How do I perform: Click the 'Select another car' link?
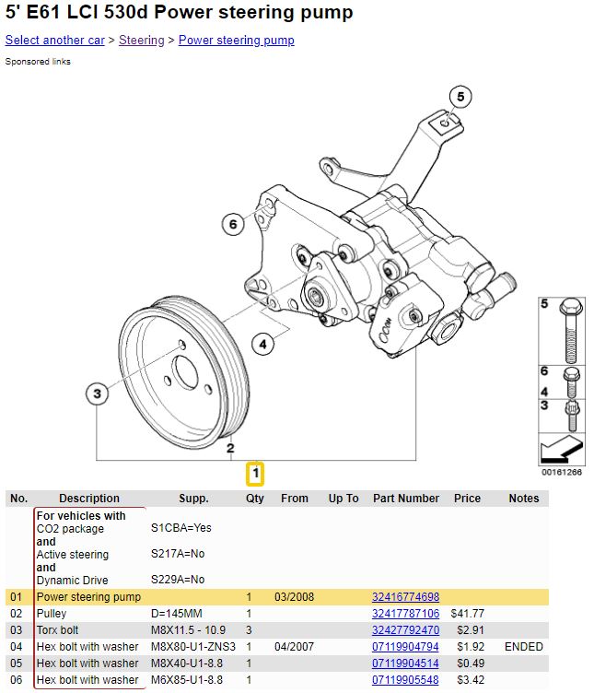click(x=54, y=41)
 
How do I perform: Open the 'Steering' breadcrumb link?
click(x=141, y=41)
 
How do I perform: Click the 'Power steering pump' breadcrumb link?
click(x=236, y=41)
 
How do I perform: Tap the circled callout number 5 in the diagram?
click(x=460, y=96)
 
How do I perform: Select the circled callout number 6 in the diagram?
click(x=234, y=223)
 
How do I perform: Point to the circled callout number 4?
click(x=262, y=345)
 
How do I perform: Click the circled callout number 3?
click(x=96, y=394)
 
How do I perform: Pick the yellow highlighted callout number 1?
click(x=254, y=475)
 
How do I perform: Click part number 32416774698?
click(x=405, y=597)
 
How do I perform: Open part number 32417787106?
click(x=405, y=614)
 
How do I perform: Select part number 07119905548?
click(x=405, y=680)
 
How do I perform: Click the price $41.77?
click(x=467, y=614)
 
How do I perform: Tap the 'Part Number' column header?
click(x=405, y=499)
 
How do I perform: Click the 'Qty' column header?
click(x=254, y=499)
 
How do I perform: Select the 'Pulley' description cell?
click(x=52, y=614)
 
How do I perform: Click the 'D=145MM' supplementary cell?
click(x=175, y=614)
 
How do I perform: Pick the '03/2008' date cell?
click(x=294, y=597)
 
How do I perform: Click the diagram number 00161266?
click(x=562, y=473)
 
